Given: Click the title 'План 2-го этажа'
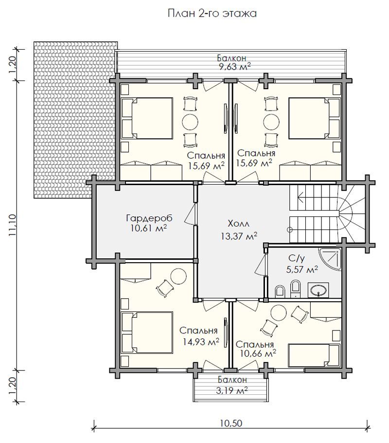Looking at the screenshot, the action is (x=212, y=13).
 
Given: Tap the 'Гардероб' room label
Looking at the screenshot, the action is (x=149, y=218).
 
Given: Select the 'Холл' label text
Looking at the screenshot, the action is (x=238, y=224).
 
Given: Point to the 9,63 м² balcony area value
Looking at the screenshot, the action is (x=234, y=67).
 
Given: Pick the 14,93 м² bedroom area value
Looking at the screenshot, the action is (x=201, y=342).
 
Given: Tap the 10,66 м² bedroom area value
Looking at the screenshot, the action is (x=258, y=353).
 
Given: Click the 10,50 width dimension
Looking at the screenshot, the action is (x=231, y=423).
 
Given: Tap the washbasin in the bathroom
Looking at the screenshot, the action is (x=318, y=290).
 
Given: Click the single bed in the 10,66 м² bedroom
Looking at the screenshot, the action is (x=314, y=355).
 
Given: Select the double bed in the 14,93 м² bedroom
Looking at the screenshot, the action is (x=146, y=332).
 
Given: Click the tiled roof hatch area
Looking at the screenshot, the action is (x=74, y=120).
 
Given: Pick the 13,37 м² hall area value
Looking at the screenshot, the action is (x=239, y=236).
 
